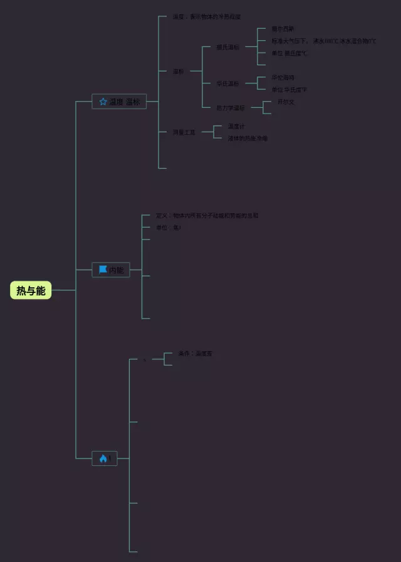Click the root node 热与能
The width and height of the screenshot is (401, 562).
click(x=31, y=290)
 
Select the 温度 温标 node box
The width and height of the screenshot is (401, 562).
click(x=119, y=102)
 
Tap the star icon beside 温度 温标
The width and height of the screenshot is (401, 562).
click(x=103, y=102)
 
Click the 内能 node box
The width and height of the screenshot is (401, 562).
click(x=111, y=270)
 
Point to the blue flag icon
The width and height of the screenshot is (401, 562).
click(x=103, y=270)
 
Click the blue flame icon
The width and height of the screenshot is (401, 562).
click(x=103, y=459)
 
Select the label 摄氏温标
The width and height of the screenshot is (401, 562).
click(x=227, y=47)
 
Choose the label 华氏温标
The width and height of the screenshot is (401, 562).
click(x=227, y=83)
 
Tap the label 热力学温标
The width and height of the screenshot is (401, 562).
click(x=230, y=108)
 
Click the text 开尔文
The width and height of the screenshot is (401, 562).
click(x=286, y=102)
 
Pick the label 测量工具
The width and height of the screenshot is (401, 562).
click(x=184, y=132)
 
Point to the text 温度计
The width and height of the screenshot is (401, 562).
click(x=236, y=126)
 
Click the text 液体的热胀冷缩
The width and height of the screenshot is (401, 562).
click(x=247, y=138)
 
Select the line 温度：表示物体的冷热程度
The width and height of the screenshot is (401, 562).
click(x=207, y=16)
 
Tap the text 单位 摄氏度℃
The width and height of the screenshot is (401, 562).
click(x=289, y=53)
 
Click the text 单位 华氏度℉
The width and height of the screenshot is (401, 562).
click(x=289, y=90)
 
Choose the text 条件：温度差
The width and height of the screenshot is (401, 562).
click(x=195, y=354)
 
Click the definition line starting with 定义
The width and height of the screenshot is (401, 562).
click(x=207, y=215)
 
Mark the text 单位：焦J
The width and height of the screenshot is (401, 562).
click(x=169, y=228)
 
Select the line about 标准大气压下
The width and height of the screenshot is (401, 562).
click(x=323, y=41)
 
